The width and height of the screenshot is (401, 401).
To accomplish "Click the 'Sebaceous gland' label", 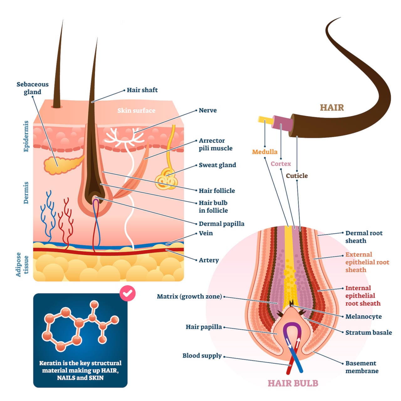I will coord(33,88).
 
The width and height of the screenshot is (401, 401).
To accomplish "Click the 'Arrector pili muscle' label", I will coord(216,144).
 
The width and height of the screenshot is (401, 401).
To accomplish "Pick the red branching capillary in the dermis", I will coord(66,219).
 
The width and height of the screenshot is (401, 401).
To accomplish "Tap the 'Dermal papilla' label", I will coord(221,224).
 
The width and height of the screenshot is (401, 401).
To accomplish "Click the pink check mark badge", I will coord(128,294).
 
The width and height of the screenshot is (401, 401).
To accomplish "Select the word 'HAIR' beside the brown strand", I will coord(332,108).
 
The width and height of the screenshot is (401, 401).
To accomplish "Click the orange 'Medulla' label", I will coord(265,152).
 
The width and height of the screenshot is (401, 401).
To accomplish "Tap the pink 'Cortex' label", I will coord(281,164).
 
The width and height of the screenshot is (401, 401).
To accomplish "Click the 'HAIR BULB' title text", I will coord(293,383).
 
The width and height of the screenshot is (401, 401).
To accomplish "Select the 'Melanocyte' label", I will coord(363,316).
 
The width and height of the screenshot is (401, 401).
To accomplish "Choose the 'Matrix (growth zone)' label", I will coord(189,296).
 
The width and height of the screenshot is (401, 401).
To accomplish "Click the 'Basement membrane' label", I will coord(362,367).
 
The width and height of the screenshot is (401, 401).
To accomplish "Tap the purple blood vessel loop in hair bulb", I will coord(293,327).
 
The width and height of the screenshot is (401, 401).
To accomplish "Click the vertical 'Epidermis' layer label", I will coord(26,136).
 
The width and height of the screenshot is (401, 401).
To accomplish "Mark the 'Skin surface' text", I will coord(136,111).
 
